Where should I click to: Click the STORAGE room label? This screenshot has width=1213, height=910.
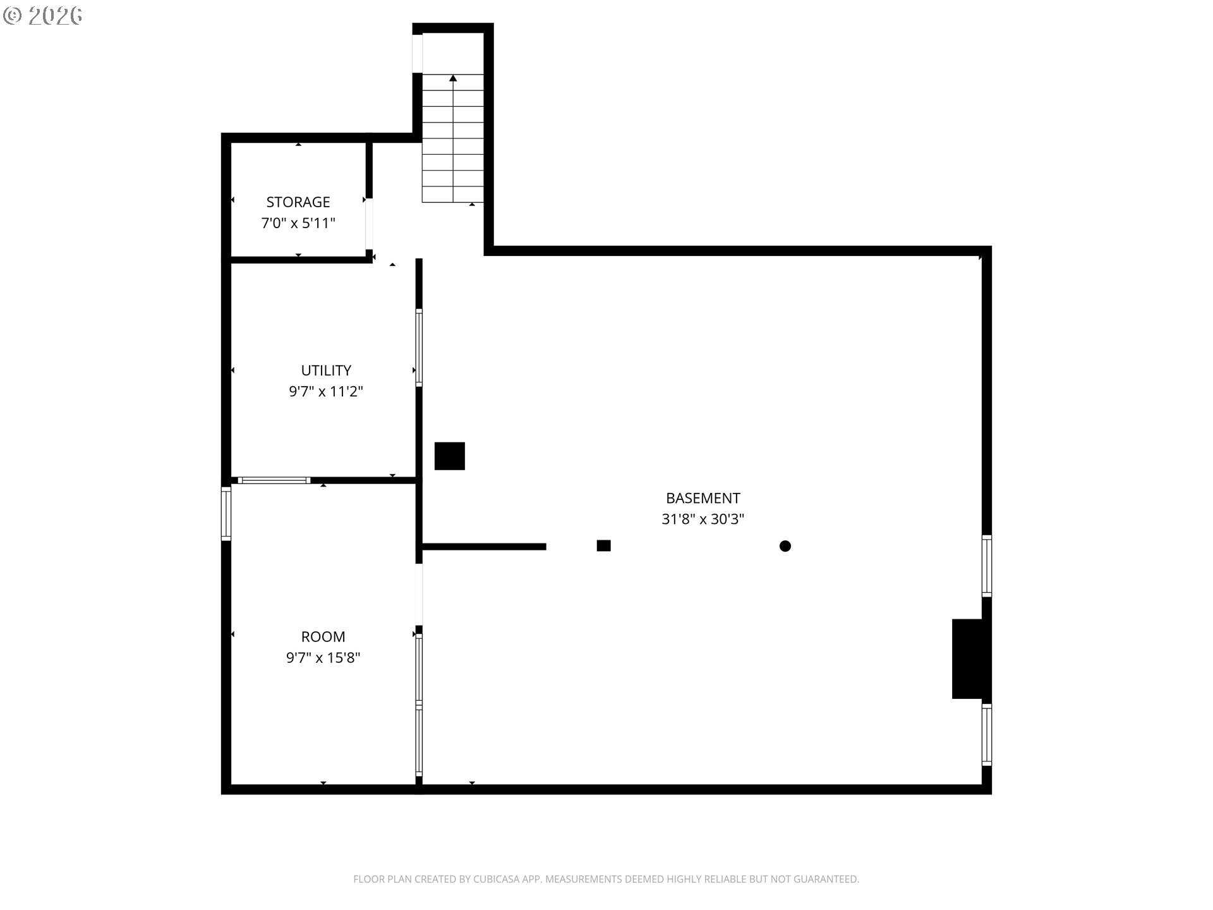pyautogui.click(x=298, y=202)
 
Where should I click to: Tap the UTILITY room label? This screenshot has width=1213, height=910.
pyautogui.click(x=326, y=370)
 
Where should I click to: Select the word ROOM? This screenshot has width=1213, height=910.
pyautogui.click(x=323, y=637)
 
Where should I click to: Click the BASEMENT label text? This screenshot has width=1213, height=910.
pyautogui.click(x=703, y=498)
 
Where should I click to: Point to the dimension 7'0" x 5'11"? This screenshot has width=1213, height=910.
pyautogui.click(x=298, y=223)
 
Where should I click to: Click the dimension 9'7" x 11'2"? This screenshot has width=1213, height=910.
pyautogui.click(x=326, y=392)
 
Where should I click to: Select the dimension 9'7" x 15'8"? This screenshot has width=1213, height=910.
pyautogui.click(x=323, y=658)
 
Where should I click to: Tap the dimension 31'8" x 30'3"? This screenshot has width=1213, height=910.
pyautogui.click(x=703, y=519)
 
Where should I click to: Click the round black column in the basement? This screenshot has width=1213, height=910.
pyautogui.click(x=785, y=546)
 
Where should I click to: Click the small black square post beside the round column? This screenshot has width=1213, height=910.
pyautogui.click(x=603, y=545)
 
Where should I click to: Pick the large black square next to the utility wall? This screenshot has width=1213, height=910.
pyautogui.click(x=449, y=456)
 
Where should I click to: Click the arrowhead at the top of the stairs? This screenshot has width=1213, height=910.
pyautogui.click(x=453, y=78)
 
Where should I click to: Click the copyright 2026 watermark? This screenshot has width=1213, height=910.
pyautogui.click(x=43, y=16)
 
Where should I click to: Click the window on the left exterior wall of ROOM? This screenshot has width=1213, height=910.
pyautogui.click(x=226, y=513)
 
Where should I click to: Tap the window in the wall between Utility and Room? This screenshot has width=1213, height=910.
pyautogui.click(x=274, y=480)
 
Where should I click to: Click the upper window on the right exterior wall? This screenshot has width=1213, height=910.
pyautogui.click(x=986, y=566)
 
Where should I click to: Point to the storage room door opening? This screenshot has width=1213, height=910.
pyautogui.click(x=369, y=224)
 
